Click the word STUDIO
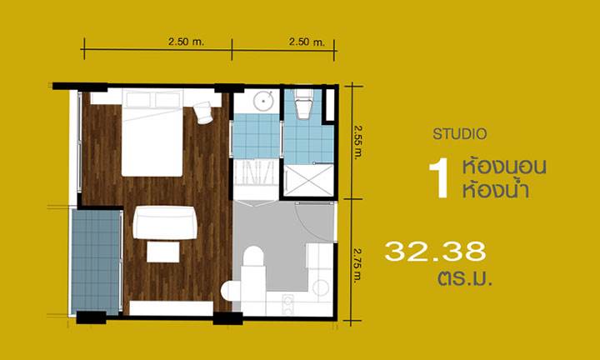tap(459, 134)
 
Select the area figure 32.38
tap(435, 251)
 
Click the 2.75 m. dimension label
tap(357, 266)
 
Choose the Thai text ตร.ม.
tap(464, 278)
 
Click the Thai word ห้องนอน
tap(504, 167)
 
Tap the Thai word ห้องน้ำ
tap(496, 189)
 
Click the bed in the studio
tap(152, 132)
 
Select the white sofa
tap(165, 222)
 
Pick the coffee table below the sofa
tap(163, 252)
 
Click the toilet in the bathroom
tap(304, 104)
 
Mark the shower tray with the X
tap(309, 180)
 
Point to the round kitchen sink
tap(321, 288)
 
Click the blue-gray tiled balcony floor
tap(97, 262)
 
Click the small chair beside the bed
tap(203, 112)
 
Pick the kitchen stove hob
tap(287, 304)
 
